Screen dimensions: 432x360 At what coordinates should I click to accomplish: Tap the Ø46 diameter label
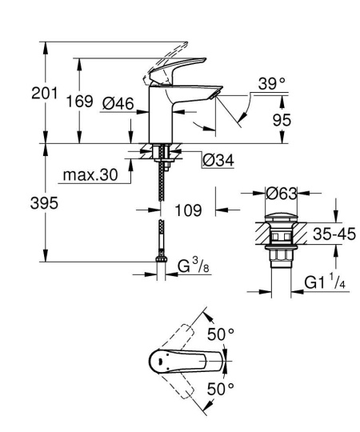(x=118, y=103)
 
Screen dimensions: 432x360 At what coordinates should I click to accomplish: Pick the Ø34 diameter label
(x=218, y=160)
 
